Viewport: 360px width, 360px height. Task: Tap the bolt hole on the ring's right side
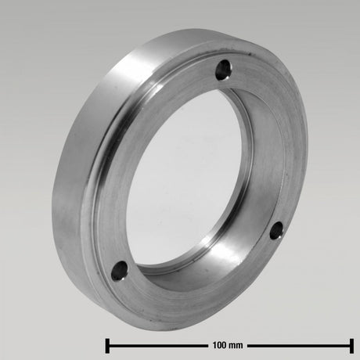coord(275,229)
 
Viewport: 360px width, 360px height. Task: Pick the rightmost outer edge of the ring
coord(308,157)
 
